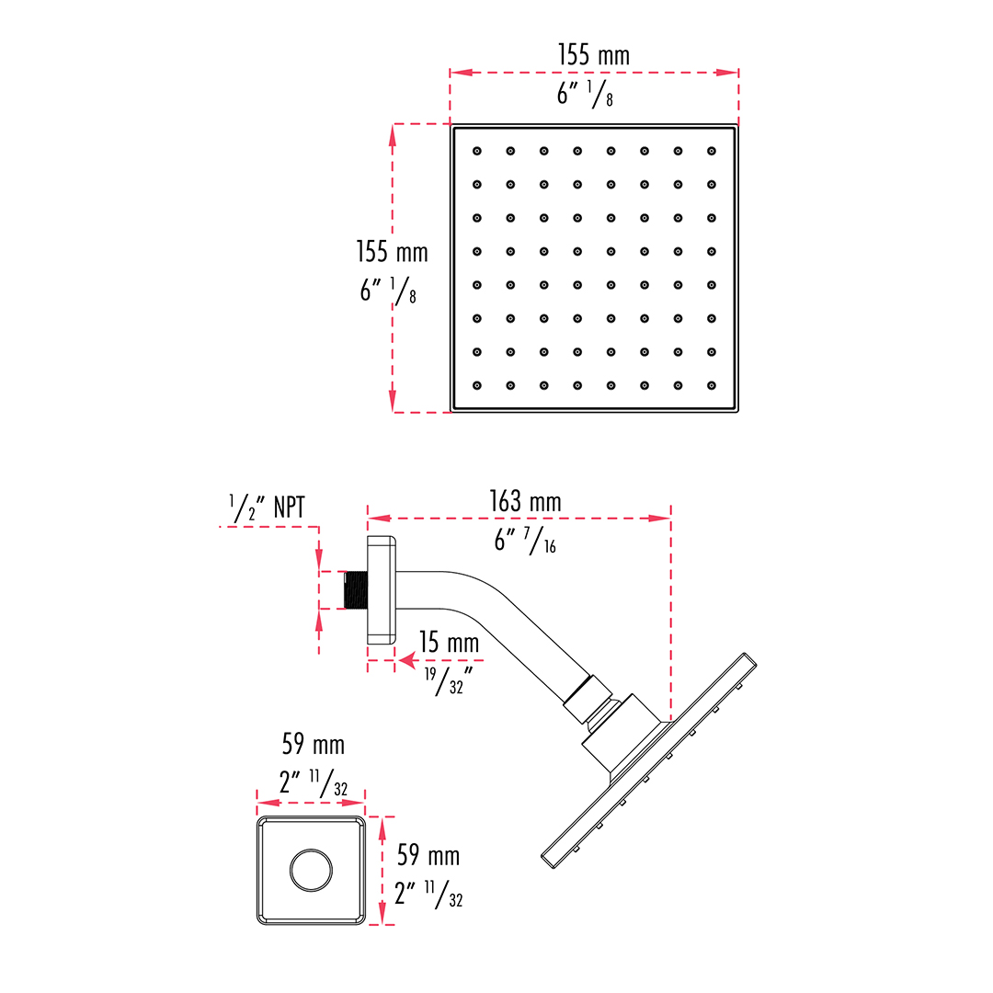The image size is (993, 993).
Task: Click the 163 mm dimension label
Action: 525,502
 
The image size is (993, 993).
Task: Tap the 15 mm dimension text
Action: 449,642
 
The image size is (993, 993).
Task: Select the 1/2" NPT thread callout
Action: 267,508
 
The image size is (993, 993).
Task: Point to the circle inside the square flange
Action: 311,870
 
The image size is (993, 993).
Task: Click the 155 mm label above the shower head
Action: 593,55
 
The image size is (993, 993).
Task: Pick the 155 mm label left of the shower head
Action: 392,251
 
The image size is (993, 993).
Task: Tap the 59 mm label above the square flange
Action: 314,744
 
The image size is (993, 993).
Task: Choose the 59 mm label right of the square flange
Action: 428,856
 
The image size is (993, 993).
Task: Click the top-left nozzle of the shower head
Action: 477,152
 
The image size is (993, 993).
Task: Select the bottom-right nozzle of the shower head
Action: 711,385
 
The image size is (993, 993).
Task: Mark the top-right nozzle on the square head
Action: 711,152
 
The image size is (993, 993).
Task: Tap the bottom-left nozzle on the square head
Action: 477,385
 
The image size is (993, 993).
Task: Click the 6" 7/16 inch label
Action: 525,542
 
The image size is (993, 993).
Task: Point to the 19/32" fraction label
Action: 449,680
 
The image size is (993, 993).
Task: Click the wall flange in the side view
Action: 382,590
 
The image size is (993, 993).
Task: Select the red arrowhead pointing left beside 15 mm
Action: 407,661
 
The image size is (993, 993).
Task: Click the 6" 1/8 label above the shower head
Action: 585,95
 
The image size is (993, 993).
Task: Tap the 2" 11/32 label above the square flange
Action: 314,783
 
